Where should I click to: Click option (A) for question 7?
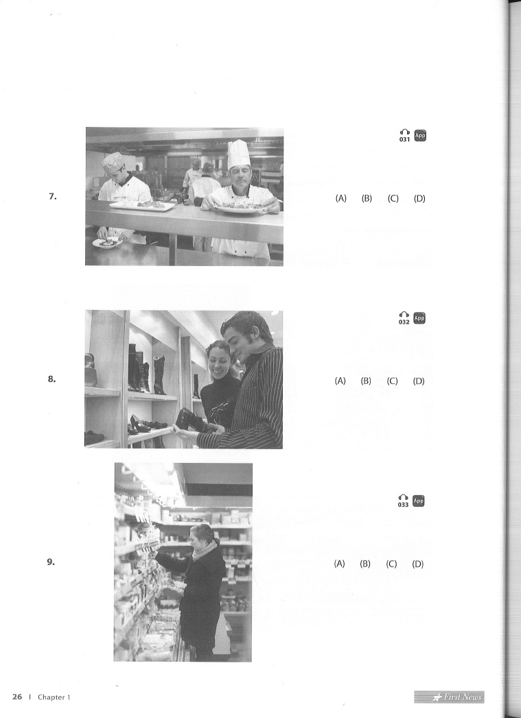click(x=341, y=198)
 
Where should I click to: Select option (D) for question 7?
click(x=419, y=198)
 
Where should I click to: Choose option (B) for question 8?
click(x=366, y=381)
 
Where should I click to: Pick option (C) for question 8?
click(x=392, y=381)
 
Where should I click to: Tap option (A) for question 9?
click(x=339, y=564)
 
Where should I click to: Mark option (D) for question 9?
click(x=417, y=564)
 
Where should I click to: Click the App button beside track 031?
click(x=420, y=136)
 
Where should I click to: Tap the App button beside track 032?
click(x=419, y=318)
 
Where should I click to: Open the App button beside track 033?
click(x=418, y=501)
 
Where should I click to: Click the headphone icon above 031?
click(x=404, y=132)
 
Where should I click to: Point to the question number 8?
click(x=51, y=379)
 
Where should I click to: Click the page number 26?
click(x=17, y=697)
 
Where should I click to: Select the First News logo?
click(x=449, y=697)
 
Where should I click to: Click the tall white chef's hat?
click(x=239, y=154)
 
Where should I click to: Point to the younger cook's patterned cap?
click(x=113, y=162)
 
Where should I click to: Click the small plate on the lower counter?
click(x=108, y=243)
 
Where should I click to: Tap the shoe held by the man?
click(x=193, y=420)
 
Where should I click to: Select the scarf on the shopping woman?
click(x=205, y=550)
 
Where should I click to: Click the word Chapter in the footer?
click(x=51, y=697)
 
